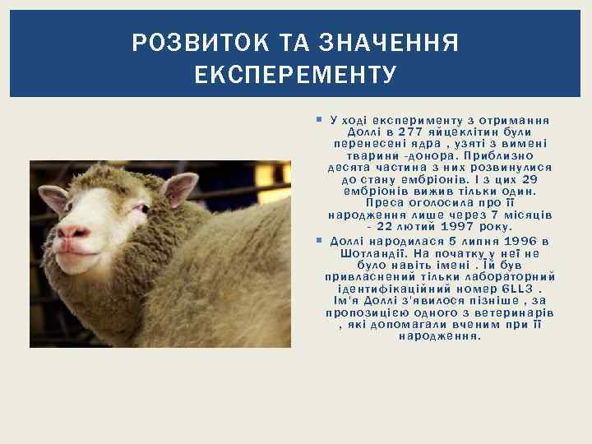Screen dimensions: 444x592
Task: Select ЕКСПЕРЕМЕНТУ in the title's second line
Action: click(x=296, y=76)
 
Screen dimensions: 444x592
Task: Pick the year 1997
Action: click(x=465, y=225)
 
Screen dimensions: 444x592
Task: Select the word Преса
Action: click(x=385, y=202)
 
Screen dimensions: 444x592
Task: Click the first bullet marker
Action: click(x=319, y=120)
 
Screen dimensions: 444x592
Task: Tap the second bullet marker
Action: click(x=319, y=241)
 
